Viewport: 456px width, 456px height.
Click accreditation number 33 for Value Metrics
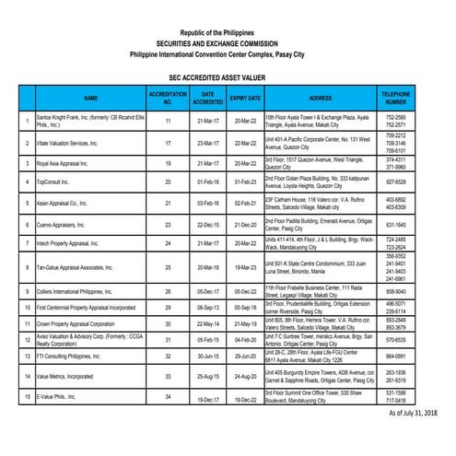pos(169,376)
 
